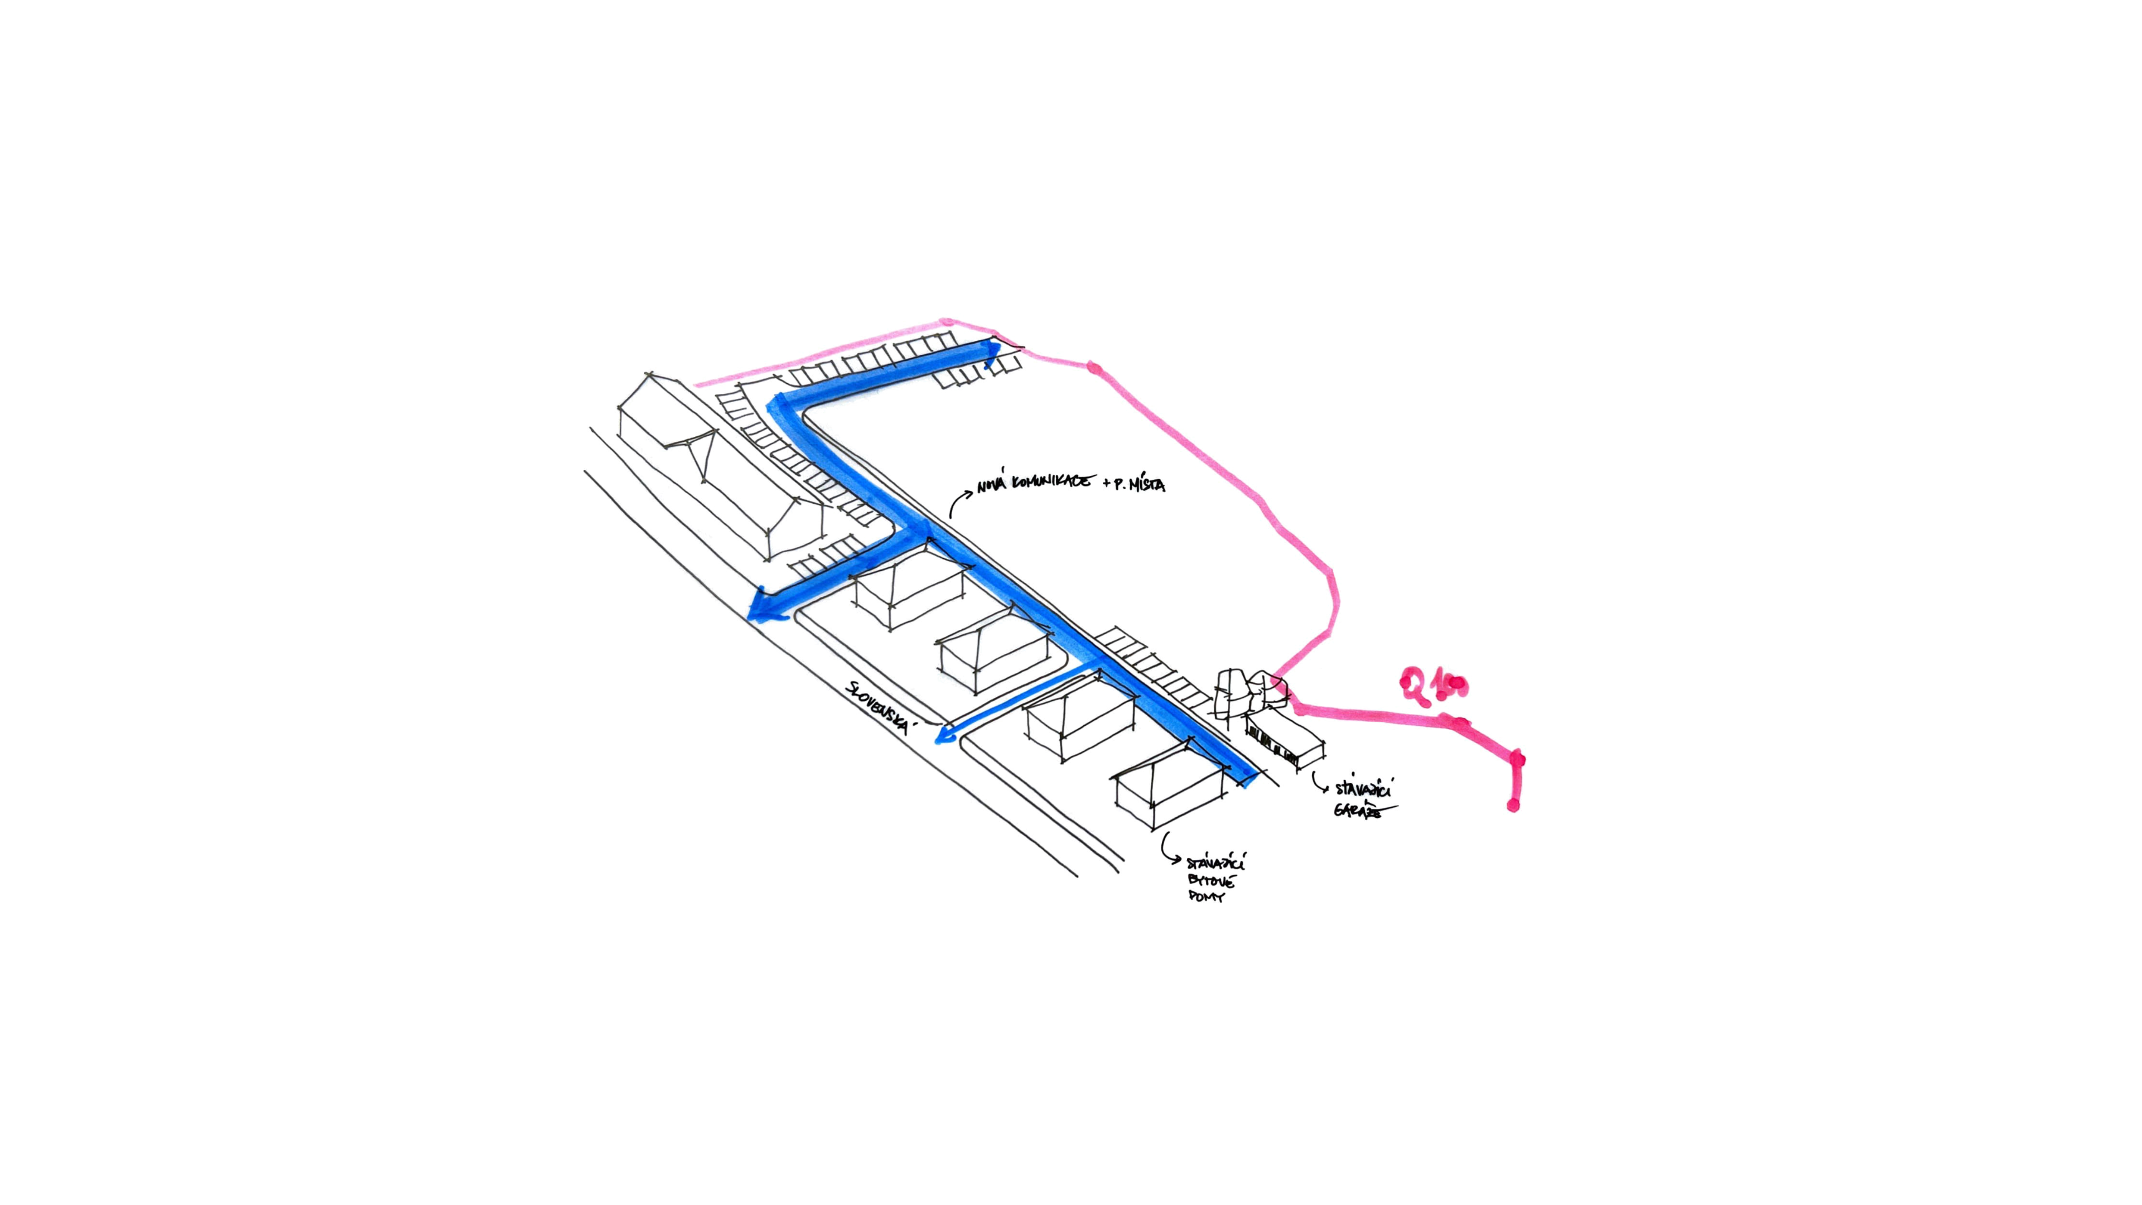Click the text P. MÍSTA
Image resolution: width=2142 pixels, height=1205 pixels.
click(x=1139, y=485)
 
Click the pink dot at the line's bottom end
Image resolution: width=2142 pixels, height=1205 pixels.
click(x=1513, y=805)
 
